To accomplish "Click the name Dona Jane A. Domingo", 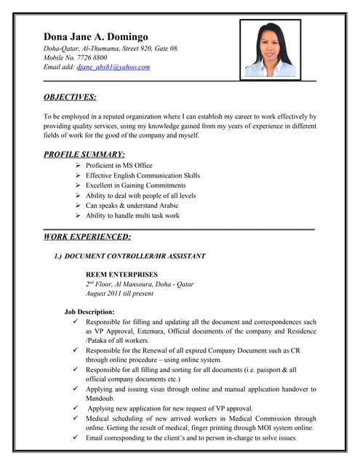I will [x=96, y=36].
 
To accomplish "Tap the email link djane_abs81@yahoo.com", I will [x=113, y=67].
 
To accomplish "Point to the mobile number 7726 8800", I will [x=92, y=57].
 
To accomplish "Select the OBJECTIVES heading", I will [x=70, y=97].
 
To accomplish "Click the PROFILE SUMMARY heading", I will [x=84, y=154].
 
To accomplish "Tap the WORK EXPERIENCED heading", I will [x=87, y=236].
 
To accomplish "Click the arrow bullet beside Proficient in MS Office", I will [x=78, y=166].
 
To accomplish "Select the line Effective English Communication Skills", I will [x=143, y=176].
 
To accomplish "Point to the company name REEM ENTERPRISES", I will [x=121, y=274].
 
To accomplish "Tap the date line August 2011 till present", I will [x=119, y=294].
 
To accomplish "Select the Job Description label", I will [x=89, y=312].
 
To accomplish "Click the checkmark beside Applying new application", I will [x=76, y=408].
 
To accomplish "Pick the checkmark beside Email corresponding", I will [x=76, y=438].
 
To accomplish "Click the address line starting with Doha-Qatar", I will [x=111, y=49].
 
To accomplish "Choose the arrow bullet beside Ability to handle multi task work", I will [x=78, y=216].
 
